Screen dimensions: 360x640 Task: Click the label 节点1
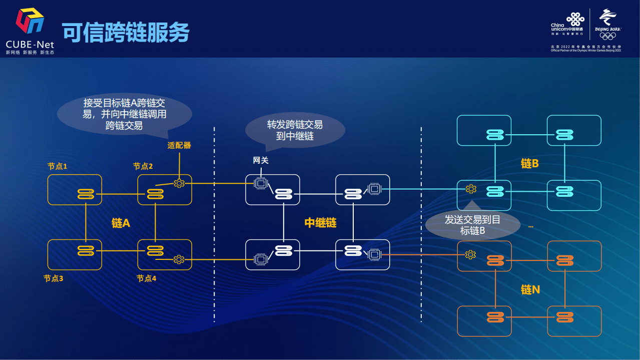[57, 166]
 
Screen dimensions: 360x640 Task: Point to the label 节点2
[143, 166]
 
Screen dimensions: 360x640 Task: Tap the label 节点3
[53, 278]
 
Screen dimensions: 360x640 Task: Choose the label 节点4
[146, 278]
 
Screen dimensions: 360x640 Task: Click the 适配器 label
[179, 145]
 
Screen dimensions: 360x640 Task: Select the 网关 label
[261, 160]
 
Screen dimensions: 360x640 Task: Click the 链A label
[121, 223]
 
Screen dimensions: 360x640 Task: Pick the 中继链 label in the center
[320, 223]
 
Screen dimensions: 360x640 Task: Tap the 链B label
[529, 164]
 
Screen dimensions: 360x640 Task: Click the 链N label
[530, 290]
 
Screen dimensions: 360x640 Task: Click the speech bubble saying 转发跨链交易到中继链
[295, 130]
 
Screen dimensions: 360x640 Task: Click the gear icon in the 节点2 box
[179, 183]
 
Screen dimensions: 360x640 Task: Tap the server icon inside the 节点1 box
[86, 194]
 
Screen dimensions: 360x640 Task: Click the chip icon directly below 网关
[260, 183]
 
